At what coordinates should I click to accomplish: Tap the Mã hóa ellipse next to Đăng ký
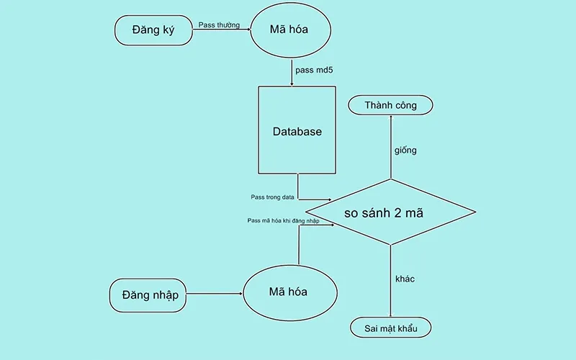[x=289, y=30]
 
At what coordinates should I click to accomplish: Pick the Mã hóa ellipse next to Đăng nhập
[x=289, y=292]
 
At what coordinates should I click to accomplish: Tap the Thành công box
[x=391, y=105]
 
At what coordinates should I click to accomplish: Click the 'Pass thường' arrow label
[x=219, y=24]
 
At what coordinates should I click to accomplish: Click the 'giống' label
[x=405, y=150]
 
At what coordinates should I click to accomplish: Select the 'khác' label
[x=405, y=278]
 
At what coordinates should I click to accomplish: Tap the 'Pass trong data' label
[x=273, y=196]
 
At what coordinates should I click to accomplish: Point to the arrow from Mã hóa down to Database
[x=291, y=72]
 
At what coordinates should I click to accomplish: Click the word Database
[x=297, y=132]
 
